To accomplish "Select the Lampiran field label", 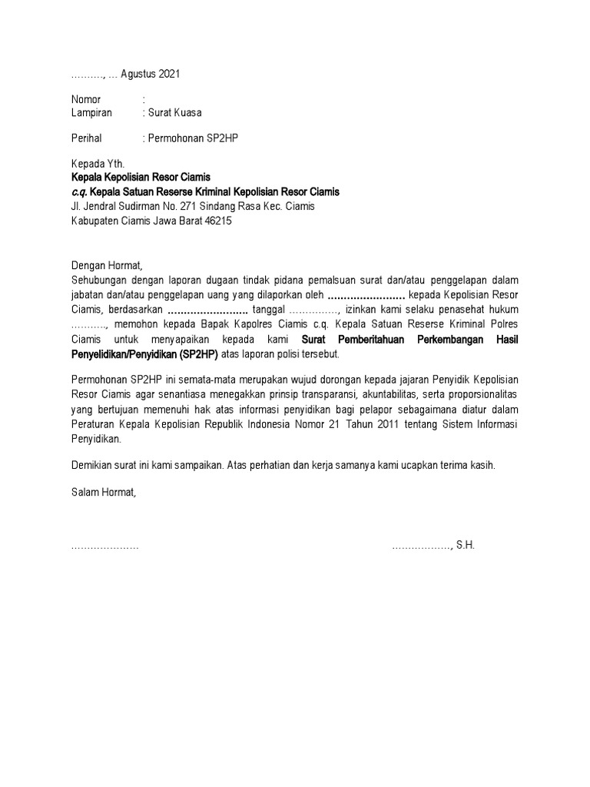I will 91,112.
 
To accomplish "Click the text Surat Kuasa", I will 175,112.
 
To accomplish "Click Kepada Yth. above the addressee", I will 97,164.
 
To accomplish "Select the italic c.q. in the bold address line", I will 79,191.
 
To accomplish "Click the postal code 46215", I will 217,221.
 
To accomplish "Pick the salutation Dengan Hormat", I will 107,265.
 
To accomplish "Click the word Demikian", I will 92,466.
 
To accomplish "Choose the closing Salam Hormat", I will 103,492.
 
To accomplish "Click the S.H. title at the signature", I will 466,545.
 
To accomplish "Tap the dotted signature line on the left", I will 104,546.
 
